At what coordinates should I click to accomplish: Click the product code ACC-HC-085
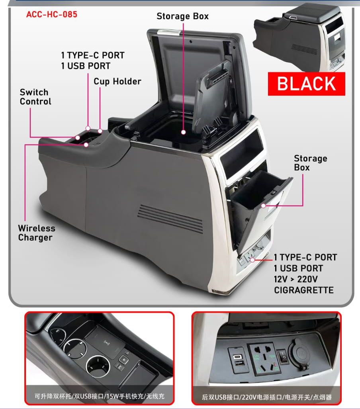coord(52,15)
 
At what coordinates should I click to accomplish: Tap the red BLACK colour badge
coord(306,84)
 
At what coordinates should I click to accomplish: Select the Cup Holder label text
coord(117,82)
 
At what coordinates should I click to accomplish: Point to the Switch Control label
coord(36,97)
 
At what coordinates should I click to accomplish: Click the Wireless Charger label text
coord(36,233)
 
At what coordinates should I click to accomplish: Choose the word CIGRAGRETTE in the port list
coord(303,290)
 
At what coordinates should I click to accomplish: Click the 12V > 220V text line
coord(296,279)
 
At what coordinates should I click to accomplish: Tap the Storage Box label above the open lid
coord(182,16)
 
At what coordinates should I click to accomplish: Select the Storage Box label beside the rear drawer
coord(310,163)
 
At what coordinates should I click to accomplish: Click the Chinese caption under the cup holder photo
coord(100,397)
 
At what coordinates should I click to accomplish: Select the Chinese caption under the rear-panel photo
coord(267,397)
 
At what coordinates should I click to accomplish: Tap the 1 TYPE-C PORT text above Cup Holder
coord(93,55)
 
